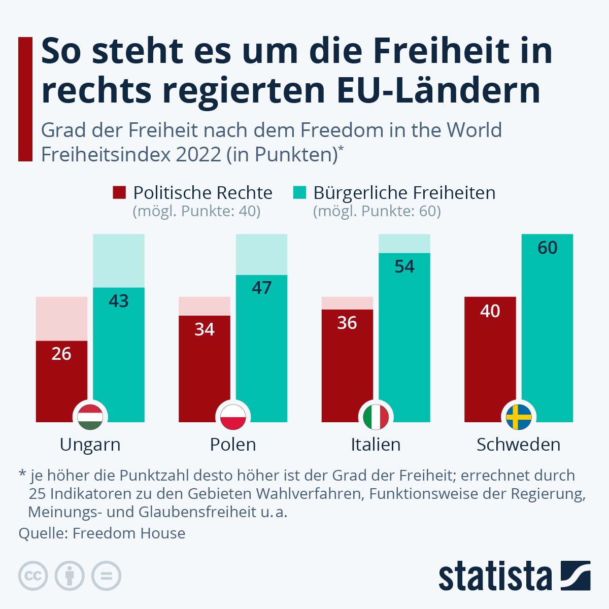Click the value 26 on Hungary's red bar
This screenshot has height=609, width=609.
point(61,354)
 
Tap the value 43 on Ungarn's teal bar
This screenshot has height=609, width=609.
point(119,301)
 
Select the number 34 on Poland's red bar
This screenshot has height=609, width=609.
point(205,329)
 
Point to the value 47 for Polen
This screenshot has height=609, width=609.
point(262,288)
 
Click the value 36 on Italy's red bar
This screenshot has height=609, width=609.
point(347,323)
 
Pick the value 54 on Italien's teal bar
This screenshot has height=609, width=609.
point(404,266)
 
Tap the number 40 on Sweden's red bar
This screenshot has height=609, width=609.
point(490,311)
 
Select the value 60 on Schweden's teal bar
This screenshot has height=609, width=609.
point(548,248)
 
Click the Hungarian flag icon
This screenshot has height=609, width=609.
point(90,417)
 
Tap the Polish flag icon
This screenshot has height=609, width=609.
point(233,417)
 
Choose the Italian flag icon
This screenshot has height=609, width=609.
point(376,417)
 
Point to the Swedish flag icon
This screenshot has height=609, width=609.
point(519,417)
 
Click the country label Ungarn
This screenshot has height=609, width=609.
point(90,445)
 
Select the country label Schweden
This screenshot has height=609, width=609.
point(519,445)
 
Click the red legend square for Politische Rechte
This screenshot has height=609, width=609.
point(119,193)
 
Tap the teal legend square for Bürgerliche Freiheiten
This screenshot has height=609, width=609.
point(300,193)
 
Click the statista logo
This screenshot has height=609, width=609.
point(514,576)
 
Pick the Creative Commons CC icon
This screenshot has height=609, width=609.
point(33,576)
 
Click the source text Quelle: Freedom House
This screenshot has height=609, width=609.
point(102,533)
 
